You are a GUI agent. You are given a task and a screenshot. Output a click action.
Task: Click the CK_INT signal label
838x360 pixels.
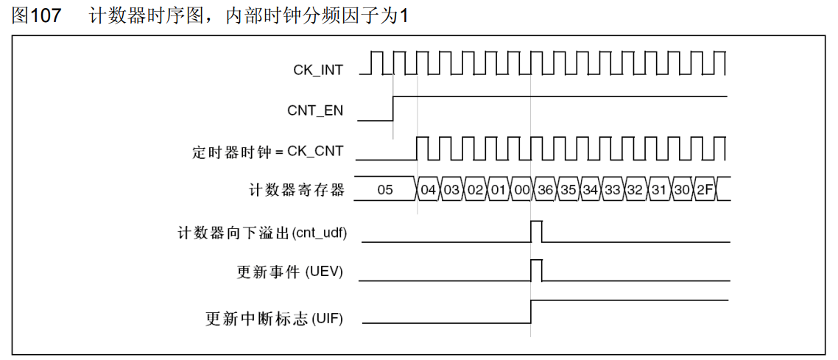point(317,70)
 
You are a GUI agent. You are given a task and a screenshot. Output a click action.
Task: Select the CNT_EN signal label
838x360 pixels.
point(314,111)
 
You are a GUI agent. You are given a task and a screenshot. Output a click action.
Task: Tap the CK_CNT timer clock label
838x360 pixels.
point(267,152)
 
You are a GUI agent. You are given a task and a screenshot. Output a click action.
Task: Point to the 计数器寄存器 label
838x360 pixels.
point(297,190)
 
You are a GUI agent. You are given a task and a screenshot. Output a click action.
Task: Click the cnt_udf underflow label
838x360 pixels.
point(262,233)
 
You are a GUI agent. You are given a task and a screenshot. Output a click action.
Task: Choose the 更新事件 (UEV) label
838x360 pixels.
point(289,272)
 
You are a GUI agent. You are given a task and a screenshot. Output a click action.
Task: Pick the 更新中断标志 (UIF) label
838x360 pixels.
point(274,320)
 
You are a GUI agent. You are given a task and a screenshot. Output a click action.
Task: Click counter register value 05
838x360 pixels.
point(385,190)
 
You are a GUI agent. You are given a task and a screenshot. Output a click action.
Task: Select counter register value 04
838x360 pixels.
point(429,190)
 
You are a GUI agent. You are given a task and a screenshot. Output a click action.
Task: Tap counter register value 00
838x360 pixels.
point(521,190)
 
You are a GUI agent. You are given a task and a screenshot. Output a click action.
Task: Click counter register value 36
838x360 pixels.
point(545,190)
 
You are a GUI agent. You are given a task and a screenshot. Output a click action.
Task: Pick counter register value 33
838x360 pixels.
point(613,190)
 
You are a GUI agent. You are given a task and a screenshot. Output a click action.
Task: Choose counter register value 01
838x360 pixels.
point(499,190)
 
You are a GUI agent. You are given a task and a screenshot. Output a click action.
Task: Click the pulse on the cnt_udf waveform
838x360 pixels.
point(536,230)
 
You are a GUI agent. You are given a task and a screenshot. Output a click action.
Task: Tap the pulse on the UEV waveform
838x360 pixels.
point(536,269)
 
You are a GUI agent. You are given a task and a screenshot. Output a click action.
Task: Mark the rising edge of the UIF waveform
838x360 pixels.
point(531,311)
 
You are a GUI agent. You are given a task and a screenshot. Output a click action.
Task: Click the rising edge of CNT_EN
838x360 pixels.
point(393,109)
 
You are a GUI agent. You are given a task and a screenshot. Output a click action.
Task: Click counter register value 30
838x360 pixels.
point(682,190)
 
